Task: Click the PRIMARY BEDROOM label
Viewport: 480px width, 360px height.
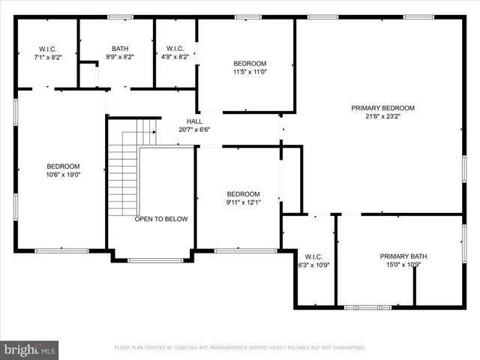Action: pyautogui.click(x=382, y=108)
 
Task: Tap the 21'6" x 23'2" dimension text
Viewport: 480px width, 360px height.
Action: pyautogui.click(x=382, y=116)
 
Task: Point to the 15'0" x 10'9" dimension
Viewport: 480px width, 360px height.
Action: pyautogui.click(x=403, y=265)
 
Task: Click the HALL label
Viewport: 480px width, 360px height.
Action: pyautogui.click(x=194, y=121)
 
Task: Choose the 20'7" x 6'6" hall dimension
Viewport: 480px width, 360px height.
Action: pyautogui.click(x=194, y=130)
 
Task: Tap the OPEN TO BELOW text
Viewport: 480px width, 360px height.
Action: pyautogui.click(x=161, y=219)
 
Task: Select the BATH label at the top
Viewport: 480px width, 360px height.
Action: pyautogui.click(x=120, y=48)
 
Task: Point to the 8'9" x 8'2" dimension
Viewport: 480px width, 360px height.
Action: pyautogui.click(x=120, y=56)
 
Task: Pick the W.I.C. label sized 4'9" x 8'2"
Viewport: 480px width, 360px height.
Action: pyautogui.click(x=175, y=48)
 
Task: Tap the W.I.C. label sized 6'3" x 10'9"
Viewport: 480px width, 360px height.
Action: pyautogui.click(x=313, y=256)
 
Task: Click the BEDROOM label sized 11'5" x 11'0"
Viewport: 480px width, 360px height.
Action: pyautogui.click(x=249, y=64)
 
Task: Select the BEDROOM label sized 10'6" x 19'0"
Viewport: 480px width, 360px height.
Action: pyautogui.click(x=63, y=166)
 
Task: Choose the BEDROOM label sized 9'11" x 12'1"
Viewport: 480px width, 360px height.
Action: pyautogui.click(x=243, y=193)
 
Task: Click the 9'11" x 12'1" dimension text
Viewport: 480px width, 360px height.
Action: pyautogui.click(x=243, y=202)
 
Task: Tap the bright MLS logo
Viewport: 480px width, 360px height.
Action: pyautogui.click(x=30, y=349)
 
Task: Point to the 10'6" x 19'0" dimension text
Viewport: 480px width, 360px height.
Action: pyautogui.click(x=63, y=175)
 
